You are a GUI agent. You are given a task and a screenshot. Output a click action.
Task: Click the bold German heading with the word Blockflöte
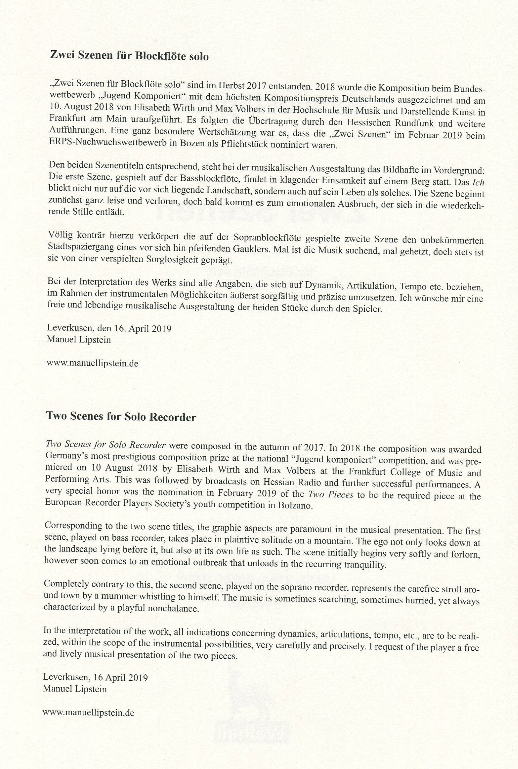coord(129,56)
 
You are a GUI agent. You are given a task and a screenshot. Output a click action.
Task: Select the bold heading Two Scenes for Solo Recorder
coord(121,417)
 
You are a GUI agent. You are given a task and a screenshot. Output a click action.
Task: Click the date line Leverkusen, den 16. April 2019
coord(109,328)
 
